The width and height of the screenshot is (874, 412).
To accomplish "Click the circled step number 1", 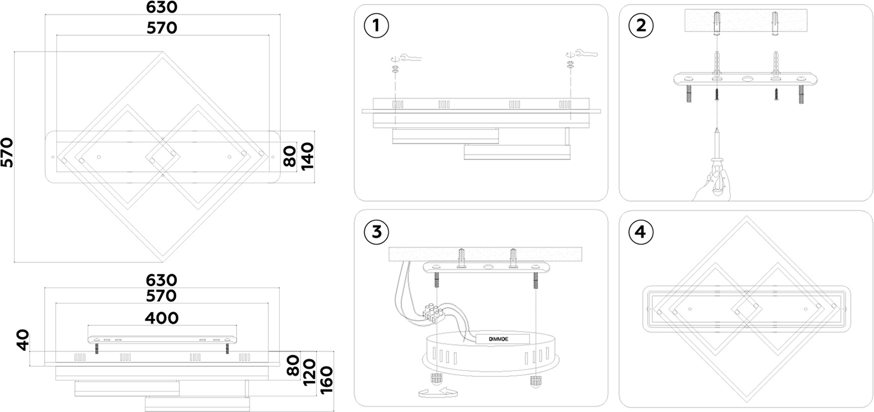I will click(x=376, y=26).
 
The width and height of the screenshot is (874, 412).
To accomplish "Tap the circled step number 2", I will click(x=641, y=26).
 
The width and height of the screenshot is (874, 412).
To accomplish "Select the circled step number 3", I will click(x=376, y=232).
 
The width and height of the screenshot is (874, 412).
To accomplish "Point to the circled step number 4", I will click(x=641, y=232).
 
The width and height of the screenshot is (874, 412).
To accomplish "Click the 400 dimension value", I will click(x=162, y=318).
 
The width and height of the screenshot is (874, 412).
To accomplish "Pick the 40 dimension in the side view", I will click(x=23, y=340).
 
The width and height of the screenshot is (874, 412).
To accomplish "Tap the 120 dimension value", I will click(x=309, y=373).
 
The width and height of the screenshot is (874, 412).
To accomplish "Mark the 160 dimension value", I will click(x=326, y=380).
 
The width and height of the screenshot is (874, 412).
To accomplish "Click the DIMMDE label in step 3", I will click(x=499, y=339).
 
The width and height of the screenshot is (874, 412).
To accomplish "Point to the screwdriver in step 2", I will click(x=717, y=158).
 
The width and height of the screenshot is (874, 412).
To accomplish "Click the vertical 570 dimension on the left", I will click(x=7, y=153).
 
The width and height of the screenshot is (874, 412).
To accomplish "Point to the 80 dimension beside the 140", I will click(x=290, y=156).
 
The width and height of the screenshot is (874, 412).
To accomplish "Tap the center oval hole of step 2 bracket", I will click(x=747, y=79).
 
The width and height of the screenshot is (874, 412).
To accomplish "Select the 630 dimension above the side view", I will click(x=161, y=280).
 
